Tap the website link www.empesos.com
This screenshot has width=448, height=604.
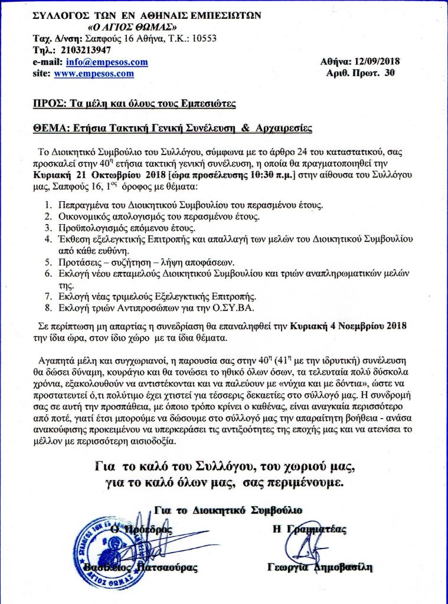[93, 74]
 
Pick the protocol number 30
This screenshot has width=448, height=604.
[389, 74]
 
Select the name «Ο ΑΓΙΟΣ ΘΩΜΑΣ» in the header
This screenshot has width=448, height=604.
[130, 27]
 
